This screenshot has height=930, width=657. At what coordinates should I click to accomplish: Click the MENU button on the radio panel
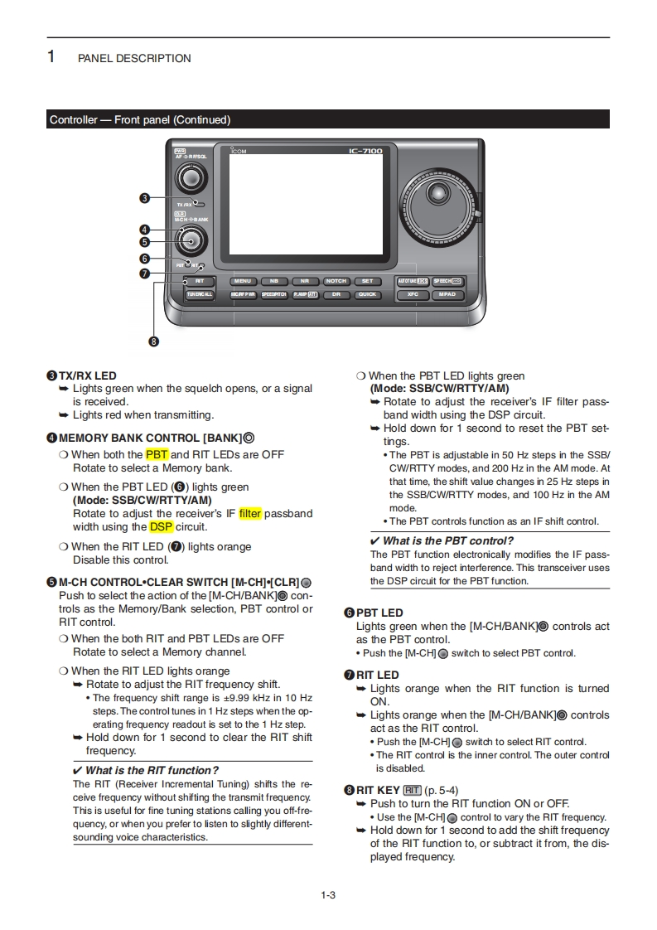pyautogui.click(x=243, y=281)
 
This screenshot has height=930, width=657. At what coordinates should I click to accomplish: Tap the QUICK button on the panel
pyautogui.click(x=367, y=294)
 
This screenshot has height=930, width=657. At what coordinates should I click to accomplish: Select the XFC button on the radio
pyautogui.click(x=413, y=294)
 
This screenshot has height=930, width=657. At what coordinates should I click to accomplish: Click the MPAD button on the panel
pyautogui.click(x=448, y=294)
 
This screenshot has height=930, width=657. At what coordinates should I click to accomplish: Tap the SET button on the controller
pyautogui.click(x=367, y=281)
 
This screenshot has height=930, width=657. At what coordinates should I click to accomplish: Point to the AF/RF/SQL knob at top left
pyautogui.click(x=191, y=178)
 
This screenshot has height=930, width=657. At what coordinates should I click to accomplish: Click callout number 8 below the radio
pyautogui.click(x=154, y=341)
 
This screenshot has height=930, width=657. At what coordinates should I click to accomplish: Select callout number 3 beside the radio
pyautogui.click(x=144, y=198)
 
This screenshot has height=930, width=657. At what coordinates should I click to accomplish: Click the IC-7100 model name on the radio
pyautogui.click(x=365, y=151)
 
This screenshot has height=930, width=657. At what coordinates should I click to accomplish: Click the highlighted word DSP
pyautogui.click(x=162, y=526)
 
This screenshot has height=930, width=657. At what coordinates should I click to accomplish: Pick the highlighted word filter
pyautogui.click(x=250, y=513)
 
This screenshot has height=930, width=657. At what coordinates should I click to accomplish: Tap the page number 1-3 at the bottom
pyautogui.click(x=328, y=894)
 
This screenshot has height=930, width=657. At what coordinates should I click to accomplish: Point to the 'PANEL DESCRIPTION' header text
pyautogui.click(x=134, y=58)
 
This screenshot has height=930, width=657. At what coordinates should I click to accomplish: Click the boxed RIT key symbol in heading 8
pyautogui.click(x=413, y=790)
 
